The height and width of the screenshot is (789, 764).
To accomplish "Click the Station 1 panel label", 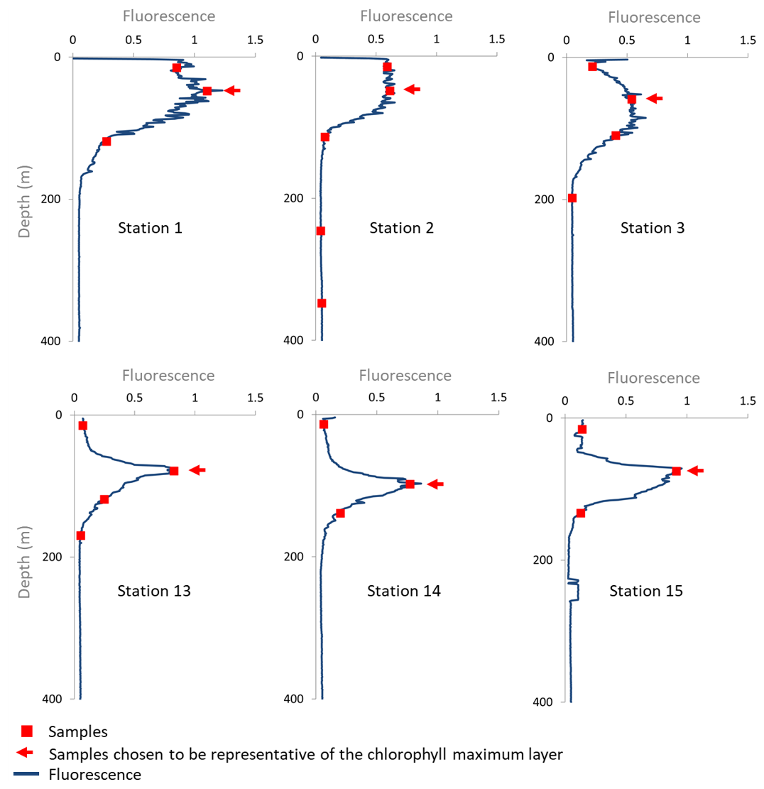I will [x=149, y=229].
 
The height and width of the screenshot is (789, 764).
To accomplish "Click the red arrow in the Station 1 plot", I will [x=232, y=90].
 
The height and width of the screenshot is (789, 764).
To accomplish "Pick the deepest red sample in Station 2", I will [x=322, y=303].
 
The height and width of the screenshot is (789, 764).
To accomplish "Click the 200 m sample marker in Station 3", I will [x=572, y=198].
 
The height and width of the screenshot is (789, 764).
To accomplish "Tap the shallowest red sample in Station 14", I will [x=324, y=425].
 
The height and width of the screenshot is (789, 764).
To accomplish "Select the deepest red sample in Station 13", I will [x=80, y=535].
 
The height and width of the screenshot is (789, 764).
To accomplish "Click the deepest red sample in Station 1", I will [x=107, y=141].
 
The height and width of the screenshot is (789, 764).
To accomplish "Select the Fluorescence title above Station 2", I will [x=405, y=16].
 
